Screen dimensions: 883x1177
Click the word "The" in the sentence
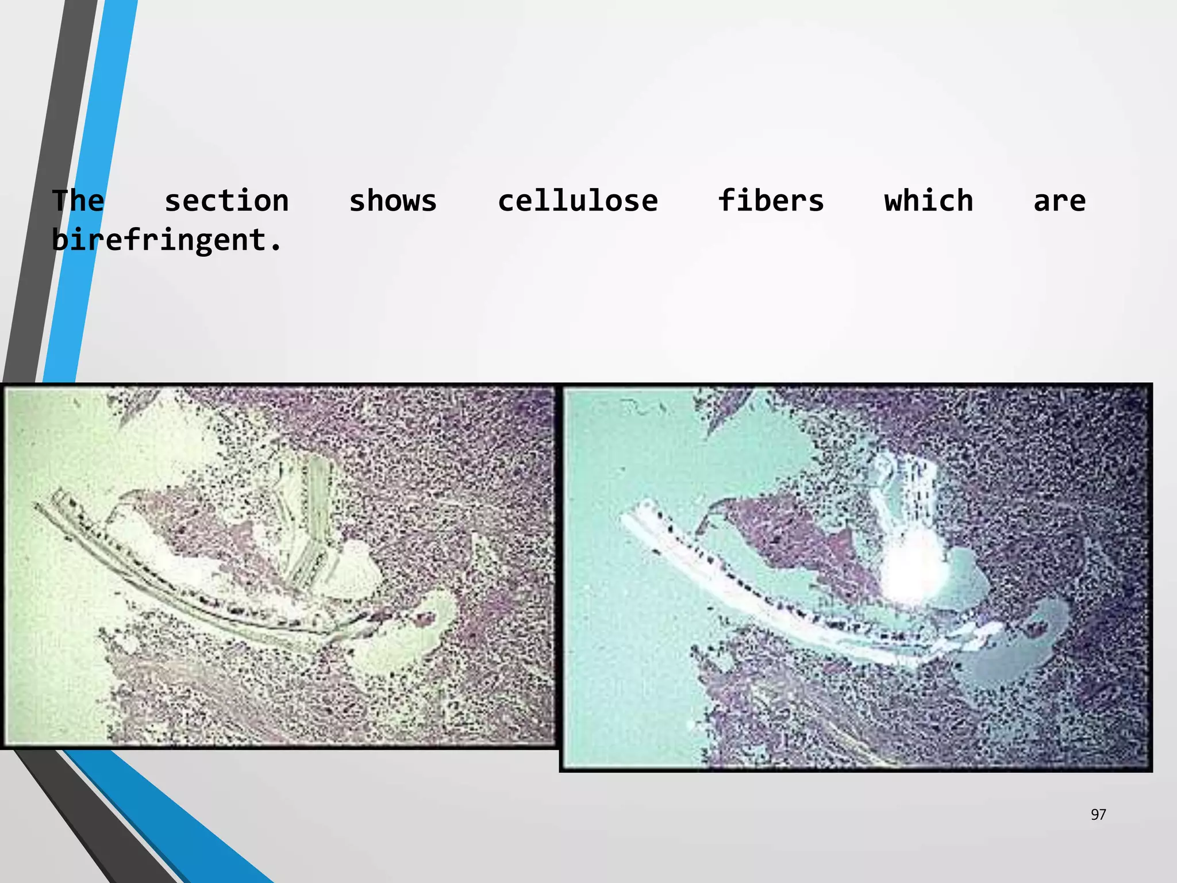pyautogui.click(x=78, y=201)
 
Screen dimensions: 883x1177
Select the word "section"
pyautogui.click(x=226, y=201)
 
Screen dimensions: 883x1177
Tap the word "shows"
pyautogui.click(x=393, y=201)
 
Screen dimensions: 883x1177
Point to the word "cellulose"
pyautogui.click(x=578, y=201)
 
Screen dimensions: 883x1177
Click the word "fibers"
pyautogui.click(x=771, y=201)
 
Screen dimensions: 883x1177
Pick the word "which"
pyautogui.click(x=928, y=201)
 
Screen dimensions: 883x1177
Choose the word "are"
pyautogui.click(x=1059, y=201)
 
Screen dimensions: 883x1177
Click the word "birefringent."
pyautogui.click(x=167, y=240)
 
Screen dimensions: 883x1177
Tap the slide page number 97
pyautogui.click(x=1098, y=814)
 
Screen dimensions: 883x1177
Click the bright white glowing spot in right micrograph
pyautogui.click(x=914, y=569)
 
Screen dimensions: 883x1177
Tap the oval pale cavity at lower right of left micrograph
pyautogui.click(x=402, y=638)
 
